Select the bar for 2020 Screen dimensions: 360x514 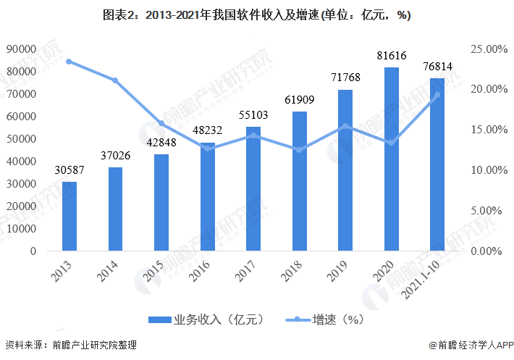pos(391,159)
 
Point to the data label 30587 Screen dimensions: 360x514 pos(69,170)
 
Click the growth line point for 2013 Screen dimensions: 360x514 pos(69,62)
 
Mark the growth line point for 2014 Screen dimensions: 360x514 pos(115,80)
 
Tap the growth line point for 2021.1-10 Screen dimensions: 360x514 pos(437,95)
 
